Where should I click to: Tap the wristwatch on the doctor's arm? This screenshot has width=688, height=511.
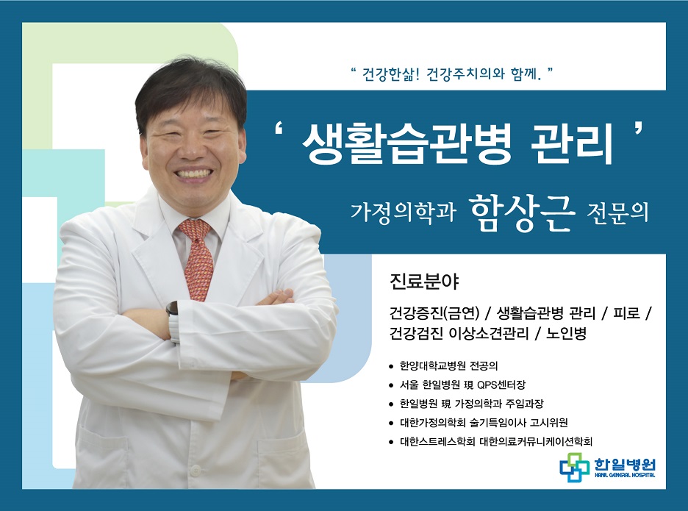pos(173,322)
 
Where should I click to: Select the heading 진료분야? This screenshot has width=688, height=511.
pos(424,282)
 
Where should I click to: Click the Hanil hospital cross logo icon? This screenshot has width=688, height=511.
pos(574,468)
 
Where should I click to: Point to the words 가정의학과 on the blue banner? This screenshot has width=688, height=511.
pos(404,212)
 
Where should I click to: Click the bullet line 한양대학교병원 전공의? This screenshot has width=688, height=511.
pos(448,365)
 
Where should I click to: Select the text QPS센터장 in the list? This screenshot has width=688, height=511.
pos(501,385)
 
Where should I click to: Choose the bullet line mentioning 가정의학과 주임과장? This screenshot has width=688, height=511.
pos(471,404)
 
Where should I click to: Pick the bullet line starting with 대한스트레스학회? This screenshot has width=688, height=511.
pos(496,441)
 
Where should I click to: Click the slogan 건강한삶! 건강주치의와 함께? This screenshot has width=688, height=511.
pos(451,74)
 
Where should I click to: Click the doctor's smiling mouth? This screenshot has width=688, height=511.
pos(193,174)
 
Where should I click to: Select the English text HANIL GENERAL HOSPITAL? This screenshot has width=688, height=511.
pos(625,475)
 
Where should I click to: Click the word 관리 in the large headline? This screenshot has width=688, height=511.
pos(571,143)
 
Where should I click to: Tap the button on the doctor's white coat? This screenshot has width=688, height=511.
pos(193,471)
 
